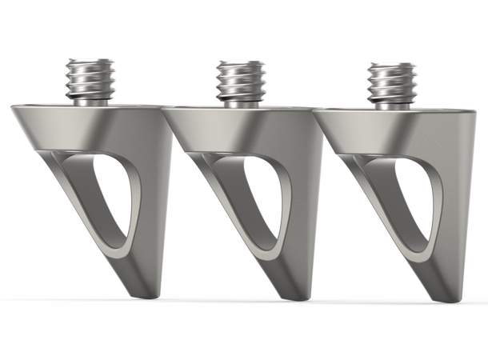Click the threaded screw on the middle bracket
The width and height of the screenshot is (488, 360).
coord(238,80)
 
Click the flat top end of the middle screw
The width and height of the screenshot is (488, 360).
coord(238,60)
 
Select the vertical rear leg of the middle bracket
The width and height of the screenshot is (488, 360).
coord(309,208)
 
